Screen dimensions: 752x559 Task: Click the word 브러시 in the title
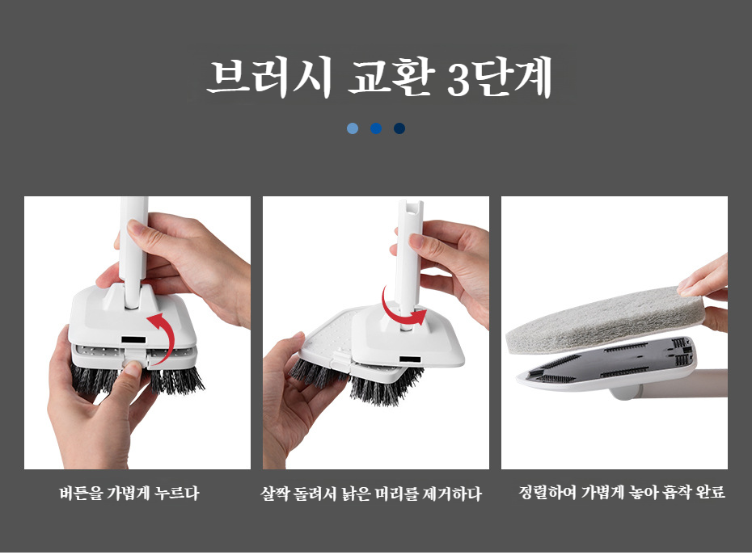(269, 77)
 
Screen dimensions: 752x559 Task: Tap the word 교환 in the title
(391, 77)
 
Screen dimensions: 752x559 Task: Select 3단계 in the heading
(499, 77)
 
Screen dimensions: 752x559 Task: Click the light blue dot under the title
(353, 128)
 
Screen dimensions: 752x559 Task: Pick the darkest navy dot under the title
(399, 128)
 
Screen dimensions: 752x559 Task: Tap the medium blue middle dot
(376, 128)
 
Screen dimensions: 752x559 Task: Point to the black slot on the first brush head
(133, 339)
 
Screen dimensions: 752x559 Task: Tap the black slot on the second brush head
(410, 359)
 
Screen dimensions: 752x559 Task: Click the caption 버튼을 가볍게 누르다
(129, 494)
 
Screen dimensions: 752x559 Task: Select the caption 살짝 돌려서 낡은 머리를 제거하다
(370, 494)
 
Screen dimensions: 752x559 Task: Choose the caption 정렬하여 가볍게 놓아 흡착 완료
(622, 493)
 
